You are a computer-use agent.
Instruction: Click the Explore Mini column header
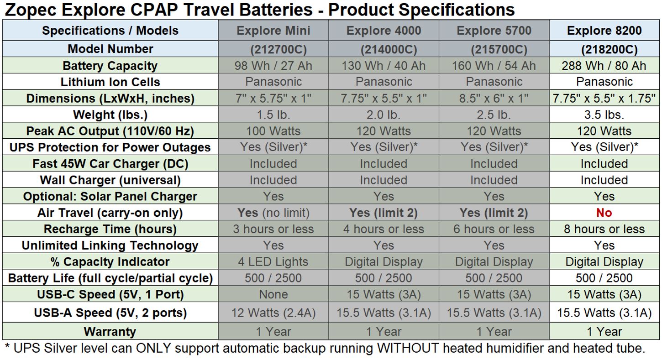273,31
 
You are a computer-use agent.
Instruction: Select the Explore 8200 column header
604,31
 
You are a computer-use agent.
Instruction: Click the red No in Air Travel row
604,213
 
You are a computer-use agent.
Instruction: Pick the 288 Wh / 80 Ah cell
604,66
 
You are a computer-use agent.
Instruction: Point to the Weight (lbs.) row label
110,115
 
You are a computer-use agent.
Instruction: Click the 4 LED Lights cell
273,261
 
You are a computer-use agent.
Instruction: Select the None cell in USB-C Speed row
273,294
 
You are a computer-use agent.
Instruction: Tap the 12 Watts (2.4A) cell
273,313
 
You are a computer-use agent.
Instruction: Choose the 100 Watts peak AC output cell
273,131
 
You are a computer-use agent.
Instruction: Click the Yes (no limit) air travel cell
273,213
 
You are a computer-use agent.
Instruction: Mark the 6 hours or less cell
494,229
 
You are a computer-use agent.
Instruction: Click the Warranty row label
110,332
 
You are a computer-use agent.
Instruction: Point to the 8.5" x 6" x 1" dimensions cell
494,98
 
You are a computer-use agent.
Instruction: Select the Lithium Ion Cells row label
110,82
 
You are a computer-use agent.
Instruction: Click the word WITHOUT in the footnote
408,348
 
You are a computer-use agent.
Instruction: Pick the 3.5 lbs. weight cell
604,115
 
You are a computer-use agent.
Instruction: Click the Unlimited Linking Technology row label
110,245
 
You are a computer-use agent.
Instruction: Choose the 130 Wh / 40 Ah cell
384,66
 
